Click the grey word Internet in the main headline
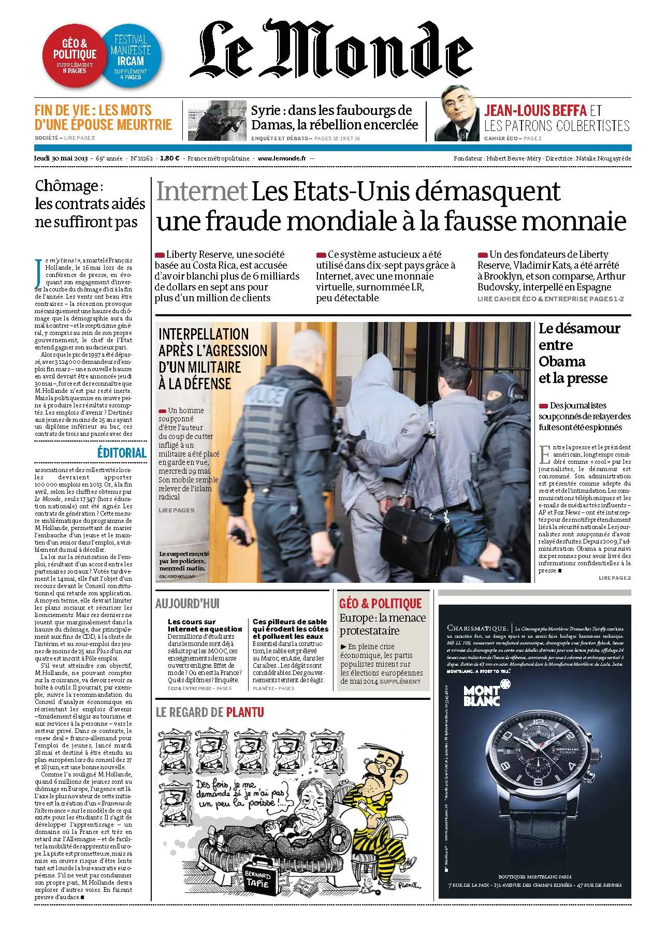(x=201, y=192)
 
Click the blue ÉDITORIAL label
(x=122, y=452)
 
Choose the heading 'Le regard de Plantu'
(x=210, y=712)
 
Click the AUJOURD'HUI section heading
(x=187, y=603)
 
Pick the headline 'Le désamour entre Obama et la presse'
(x=579, y=353)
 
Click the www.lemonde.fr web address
(x=282, y=158)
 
